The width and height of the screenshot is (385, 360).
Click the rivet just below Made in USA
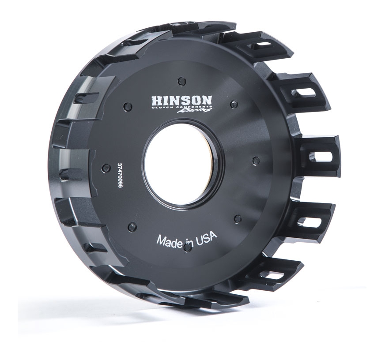(x=187, y=248)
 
